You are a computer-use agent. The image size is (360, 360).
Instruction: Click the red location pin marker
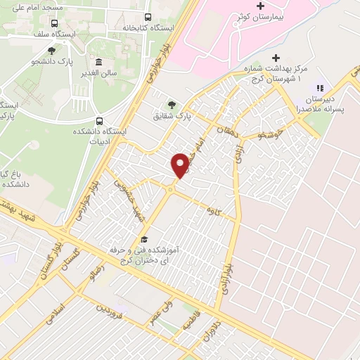[181, 164]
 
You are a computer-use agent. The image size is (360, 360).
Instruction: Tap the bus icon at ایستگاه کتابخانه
[147, 17]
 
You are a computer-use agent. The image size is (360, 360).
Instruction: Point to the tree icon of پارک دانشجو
[52, 50]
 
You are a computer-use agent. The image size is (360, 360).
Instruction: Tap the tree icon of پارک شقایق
[172, 104]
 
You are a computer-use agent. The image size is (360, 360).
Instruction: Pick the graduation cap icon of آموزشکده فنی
[145, 239]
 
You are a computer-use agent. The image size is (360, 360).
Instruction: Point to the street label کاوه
[210, 210]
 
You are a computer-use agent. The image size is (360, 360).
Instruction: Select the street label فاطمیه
[190, 323]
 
